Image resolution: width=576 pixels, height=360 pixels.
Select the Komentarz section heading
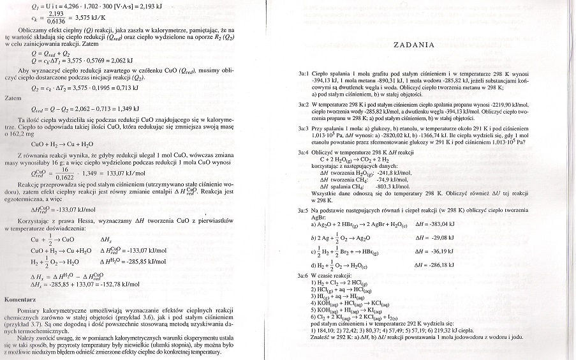click(x=24, y=299)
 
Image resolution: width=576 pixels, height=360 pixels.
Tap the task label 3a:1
click(x=303, y=75)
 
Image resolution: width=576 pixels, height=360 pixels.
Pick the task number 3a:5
click(x=303, y=209)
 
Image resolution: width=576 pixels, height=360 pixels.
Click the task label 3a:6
click(x=303, y=274)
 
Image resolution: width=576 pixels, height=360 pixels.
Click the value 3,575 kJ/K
click(x=74, y=19)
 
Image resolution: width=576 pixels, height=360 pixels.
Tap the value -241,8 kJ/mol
click(x=394, y=172)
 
